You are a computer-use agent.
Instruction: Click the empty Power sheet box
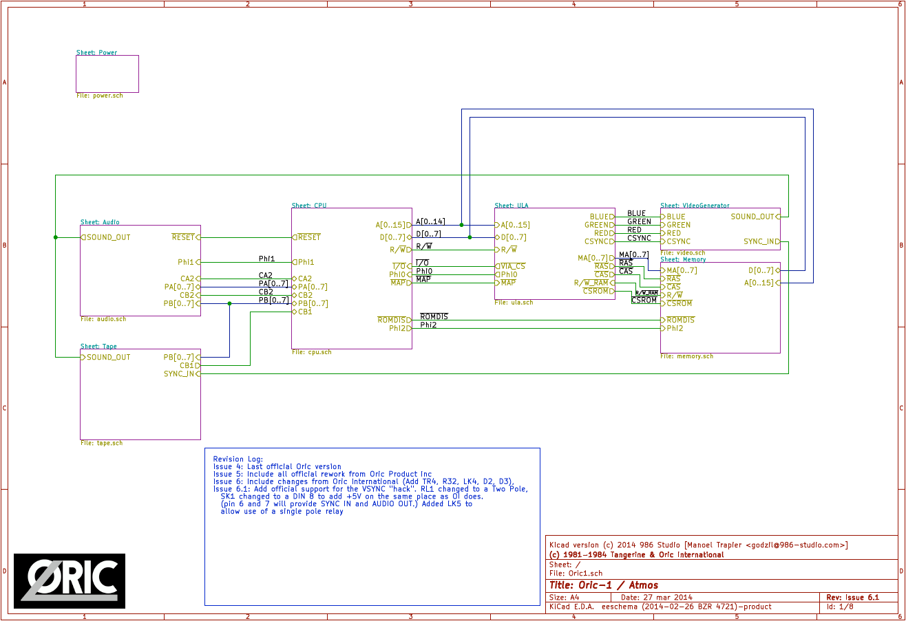click(107, 74)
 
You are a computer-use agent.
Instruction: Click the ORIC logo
click(70, 581)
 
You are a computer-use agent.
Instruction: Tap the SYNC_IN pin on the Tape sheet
click(180, 374)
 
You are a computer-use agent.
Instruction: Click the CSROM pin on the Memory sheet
click(679, 303)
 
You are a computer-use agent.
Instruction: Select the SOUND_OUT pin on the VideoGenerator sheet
click(753, 217)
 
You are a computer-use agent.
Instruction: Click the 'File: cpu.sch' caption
click(311, 352)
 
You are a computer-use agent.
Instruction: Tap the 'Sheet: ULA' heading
click(511, 205)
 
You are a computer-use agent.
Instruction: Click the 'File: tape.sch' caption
click(101, 443)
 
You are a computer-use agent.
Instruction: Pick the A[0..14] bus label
click(430, 221)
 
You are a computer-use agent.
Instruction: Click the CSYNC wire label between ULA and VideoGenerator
click(639, 238)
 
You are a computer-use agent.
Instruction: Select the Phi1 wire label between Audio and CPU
click(266, 259)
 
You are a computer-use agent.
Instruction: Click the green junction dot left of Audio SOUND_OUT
click(56, 237)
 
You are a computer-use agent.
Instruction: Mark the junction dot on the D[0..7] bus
click(470, 237)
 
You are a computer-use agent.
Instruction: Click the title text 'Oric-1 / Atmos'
click(609, 585)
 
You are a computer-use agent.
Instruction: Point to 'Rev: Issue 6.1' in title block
click(852, 598)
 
